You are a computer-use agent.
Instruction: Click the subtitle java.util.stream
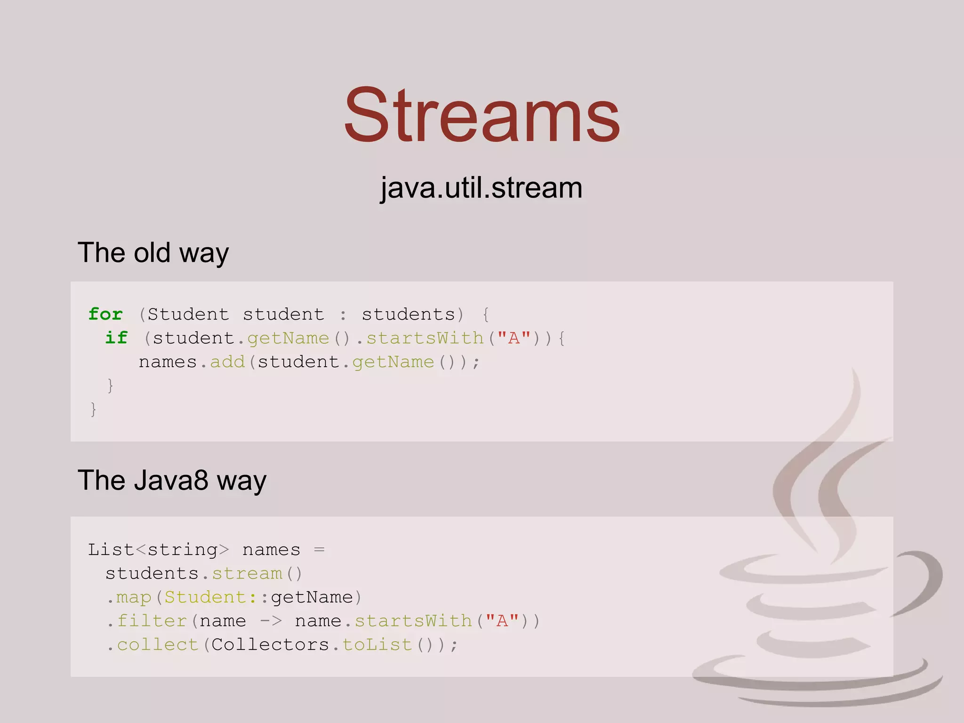click(x=481, y=188)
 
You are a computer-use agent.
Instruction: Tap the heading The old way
click(x=153, y=253)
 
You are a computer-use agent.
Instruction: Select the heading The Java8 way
click(x=172, y=481)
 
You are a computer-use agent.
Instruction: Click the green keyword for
click(x=105, y=314)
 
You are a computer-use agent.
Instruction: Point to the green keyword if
click(x=116, y=337)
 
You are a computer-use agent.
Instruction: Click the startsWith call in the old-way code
click(x=425, y=338)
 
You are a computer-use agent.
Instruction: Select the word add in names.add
click(x=227, y=361)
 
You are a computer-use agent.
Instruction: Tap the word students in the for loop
click(x=408, y=314)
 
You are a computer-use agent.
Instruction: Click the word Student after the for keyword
click(x=188, y=314)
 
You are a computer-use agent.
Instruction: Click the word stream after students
click(x=247, y=573)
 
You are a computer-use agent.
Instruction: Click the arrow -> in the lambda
click(x=271, y=621)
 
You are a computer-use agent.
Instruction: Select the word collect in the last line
click(x=158, y=644)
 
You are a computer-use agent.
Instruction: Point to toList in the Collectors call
click(x=377, y=644)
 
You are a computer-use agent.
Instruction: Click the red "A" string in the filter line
click(x=502, y=621)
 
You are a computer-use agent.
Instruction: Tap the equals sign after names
click(x=319, y=550)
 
